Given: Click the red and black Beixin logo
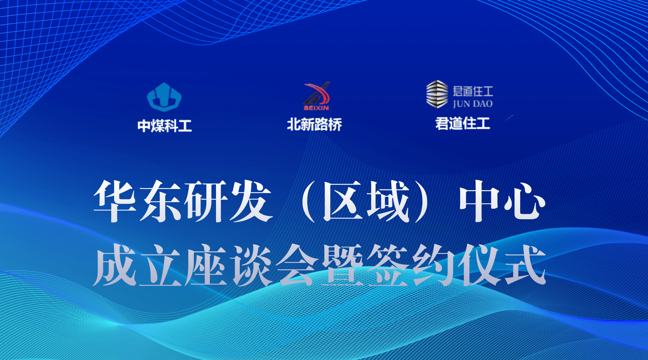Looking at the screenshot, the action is coord(316,96).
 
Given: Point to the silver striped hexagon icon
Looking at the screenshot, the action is coord(437,94).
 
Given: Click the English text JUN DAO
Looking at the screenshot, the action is coord(473,104).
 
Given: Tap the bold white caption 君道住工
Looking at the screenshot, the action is coord(463,123).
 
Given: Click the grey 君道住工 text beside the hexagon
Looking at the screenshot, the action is coord(473,91).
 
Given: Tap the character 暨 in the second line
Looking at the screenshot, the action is coord(342,265).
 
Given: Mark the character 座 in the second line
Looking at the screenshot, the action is coord(206,265).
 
